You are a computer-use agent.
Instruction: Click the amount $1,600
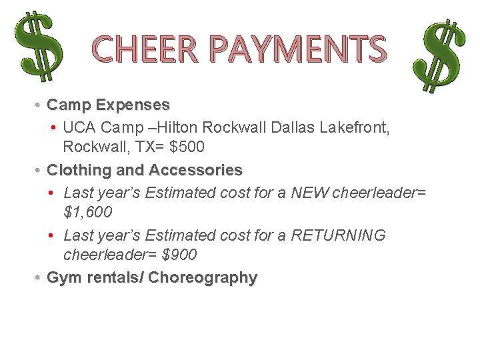(x=87, y=212)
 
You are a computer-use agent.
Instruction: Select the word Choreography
(x=203, y=277)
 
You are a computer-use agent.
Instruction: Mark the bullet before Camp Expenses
(x=39, y=105)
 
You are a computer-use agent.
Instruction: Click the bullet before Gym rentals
(x=39, y=277)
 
